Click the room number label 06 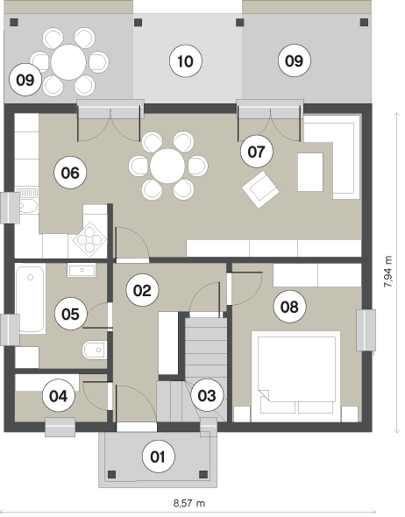(70, 173)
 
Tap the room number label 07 (257, 152)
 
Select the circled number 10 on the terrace (185, 61)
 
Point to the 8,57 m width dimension (189, 503)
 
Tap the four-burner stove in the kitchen (89, 239)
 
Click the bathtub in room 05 (31, 299)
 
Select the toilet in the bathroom (94, 350)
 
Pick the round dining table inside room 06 (167, 166)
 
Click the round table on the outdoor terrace (68, 62)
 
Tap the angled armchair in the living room (260, 189)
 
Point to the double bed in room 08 (295, 376)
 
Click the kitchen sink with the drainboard (27, 201)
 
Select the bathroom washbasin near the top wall (82, 270)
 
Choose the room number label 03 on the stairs (207, 395)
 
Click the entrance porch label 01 (158, 457)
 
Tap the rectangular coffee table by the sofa (310, 172)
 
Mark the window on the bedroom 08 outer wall (366, 330)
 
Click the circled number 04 (59, 395)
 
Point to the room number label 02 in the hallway (143, 290)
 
